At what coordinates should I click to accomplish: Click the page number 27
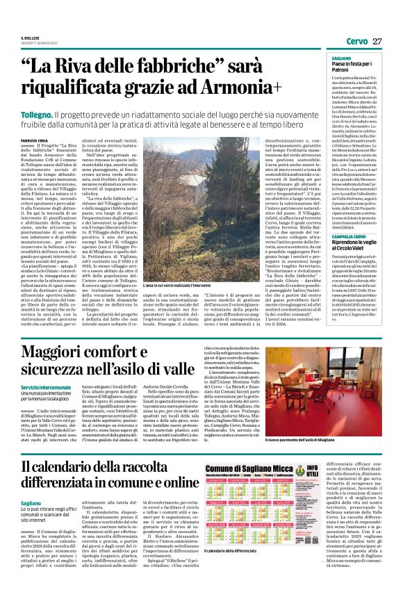click(x=377, y=41)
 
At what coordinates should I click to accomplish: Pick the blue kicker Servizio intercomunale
click(x=67, y=386)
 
